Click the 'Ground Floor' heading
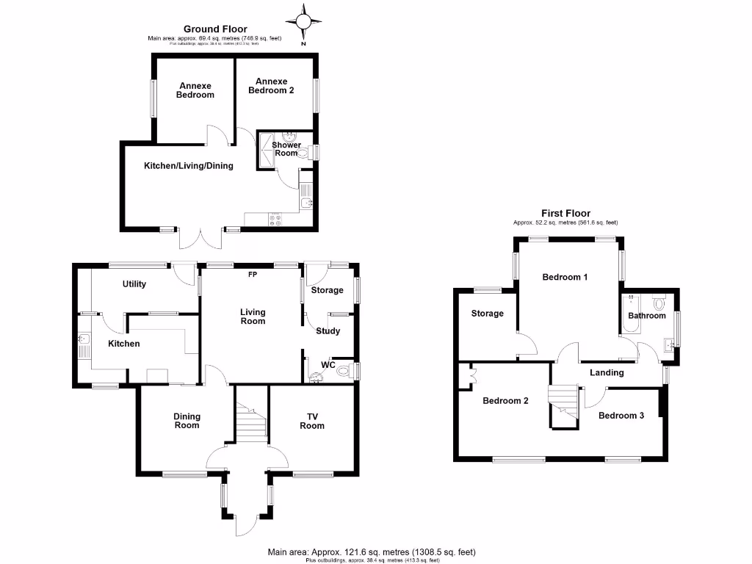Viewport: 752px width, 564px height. click(215, 29)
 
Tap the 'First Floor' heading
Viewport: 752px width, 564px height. click(565, 213)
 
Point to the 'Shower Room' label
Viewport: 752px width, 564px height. click(286, 149)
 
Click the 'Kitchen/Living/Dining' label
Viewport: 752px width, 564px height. click(188, 166)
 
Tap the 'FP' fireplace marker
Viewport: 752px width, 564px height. click(252, 275)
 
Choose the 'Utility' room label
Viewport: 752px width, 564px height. click(134, 284)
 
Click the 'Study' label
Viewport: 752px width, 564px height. click(328, 331)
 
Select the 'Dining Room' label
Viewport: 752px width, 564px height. click(187, 421)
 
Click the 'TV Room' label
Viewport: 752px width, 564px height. click(312, 421)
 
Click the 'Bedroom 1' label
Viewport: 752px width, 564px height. click(565, 278)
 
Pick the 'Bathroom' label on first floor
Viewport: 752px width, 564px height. click(646, 316)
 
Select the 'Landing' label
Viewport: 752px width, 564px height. click(607, 373)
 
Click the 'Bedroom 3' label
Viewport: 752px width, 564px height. click(621, 416)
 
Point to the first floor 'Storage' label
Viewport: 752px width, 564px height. click(487, 314)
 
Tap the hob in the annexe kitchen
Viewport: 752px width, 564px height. click(278, 218)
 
